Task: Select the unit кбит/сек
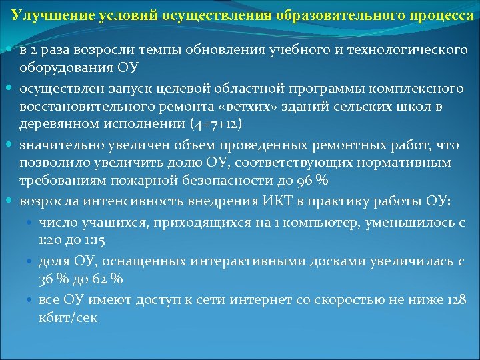click(x=68, y=318)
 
